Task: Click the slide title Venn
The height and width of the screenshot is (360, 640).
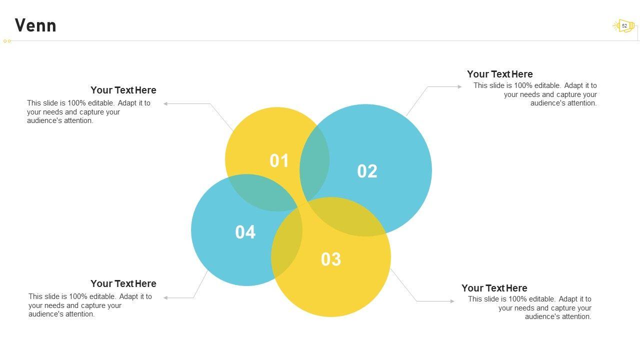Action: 35,25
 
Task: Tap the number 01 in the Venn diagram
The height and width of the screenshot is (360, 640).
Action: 279,161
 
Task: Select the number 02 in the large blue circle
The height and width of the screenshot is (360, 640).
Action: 367,171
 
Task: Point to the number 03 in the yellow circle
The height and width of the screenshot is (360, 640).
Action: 330,259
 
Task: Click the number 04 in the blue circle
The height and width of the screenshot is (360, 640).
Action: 245,232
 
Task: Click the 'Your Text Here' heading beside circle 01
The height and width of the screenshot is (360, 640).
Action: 123,90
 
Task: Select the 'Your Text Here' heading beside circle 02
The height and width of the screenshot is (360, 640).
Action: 499,74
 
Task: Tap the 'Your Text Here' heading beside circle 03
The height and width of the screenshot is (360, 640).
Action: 494,288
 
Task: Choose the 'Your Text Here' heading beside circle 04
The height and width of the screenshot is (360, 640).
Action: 123,284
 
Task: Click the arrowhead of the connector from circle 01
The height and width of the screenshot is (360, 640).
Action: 166,104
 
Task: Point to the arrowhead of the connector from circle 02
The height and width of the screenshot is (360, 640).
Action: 459,87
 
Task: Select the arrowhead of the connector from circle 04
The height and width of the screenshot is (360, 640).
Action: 166,298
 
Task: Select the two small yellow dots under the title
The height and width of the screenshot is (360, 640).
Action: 7,41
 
